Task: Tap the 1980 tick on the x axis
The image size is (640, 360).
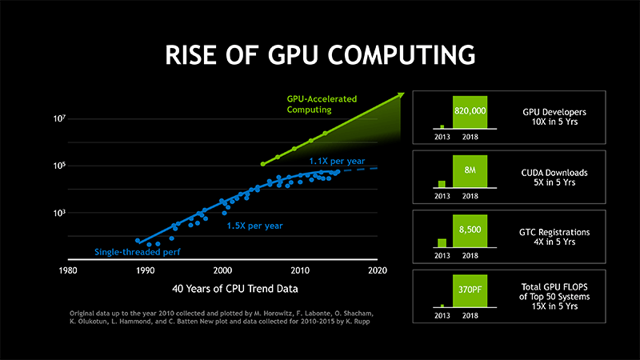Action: [x=69, y=270]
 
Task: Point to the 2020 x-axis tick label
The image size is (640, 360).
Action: [x=377, y=270]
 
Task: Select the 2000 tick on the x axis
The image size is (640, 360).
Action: [x=222, y=270]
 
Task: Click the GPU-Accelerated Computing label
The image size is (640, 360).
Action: [x=322, y=104]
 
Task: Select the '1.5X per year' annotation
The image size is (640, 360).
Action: [x=255, y=226]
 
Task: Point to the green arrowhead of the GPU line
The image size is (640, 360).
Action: [x=399, y=96]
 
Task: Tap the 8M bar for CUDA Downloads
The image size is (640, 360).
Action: [x=470, y=170]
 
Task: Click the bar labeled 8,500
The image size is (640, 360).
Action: [x=470, y=230]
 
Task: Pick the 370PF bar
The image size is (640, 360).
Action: [x=470, y=290]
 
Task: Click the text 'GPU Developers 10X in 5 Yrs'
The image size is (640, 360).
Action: [x=555, y=119]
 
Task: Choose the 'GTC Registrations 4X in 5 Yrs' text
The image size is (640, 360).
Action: [x=555, y=238]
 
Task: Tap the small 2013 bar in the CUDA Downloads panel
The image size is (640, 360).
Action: [x=442, y=185]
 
